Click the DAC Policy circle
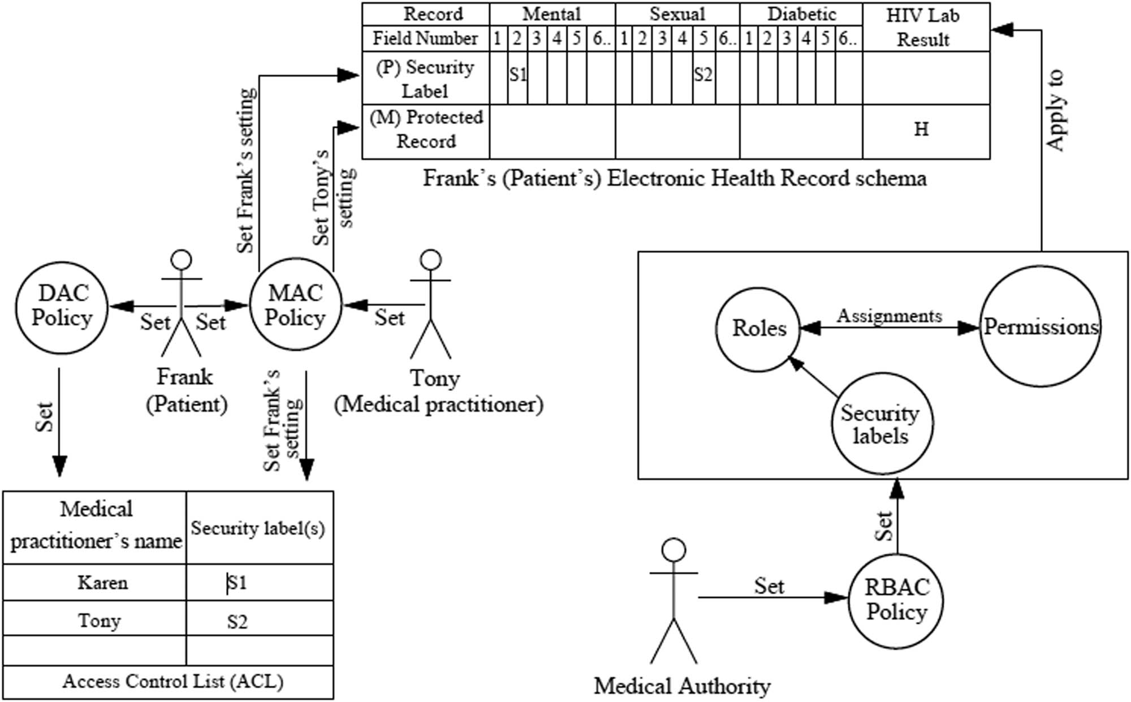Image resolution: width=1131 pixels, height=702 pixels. pyautogui.click(x=61, y=307)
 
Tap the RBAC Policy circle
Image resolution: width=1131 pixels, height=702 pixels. pyautogui.click(x=897, y=600)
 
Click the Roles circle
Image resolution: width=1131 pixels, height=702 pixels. pyautogui.click(x=758, y=329)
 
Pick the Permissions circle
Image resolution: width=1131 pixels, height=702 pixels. pyautogui.click(x=1041, y=327)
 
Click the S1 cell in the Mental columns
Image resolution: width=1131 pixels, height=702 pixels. pyautogui.click(x=517, y=76)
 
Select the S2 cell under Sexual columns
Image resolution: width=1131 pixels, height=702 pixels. pyautogui.click(x=703, y=76)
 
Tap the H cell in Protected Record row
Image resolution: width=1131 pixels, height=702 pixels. pyautogui.click(x=922, y=130)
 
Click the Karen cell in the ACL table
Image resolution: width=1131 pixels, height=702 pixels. pyautogui.click(x=102, y=583)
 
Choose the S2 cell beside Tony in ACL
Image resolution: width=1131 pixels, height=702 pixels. pyautogui.click(x=238, y=622)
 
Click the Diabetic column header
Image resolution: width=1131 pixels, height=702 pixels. pyautogui.click(x=801, y=14)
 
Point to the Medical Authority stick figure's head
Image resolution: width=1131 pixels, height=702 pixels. pyautogui.click(x=674, y=549)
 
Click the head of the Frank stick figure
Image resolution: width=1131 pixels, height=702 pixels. pyautogui.click(x=182, y=260)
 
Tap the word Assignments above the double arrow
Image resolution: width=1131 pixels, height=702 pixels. pyautogui.click(x=889, y=316)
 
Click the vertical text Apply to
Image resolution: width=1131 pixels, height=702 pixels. pyautogui.click(x=1055, y=110)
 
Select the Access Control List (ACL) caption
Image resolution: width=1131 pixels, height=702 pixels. pyautogui.click(x=172, y=681)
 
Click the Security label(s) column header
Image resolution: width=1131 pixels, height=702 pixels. pyautogui.click(x=258, y=528)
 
